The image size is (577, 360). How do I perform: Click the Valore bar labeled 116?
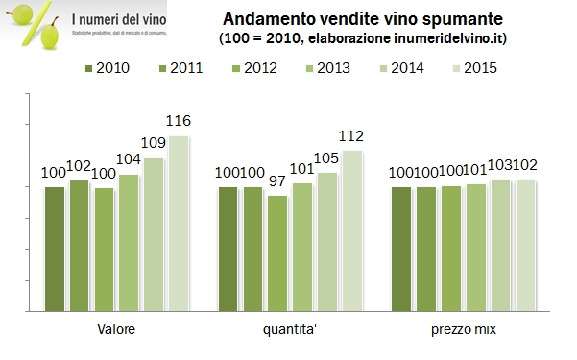pyautogui.click(x=179, y=225)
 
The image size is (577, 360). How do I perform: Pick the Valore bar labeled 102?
pyautogui.click(x=79, y=247)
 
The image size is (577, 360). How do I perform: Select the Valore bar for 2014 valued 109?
pyautogui.click(x=154, y=235)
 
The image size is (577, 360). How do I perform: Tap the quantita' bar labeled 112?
pyautogui.click(x=351, y=231)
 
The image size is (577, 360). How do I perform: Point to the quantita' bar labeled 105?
pyautogui.click(x=326, y=243)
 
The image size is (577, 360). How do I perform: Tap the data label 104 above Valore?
pyautogui.click(x=128, y=161)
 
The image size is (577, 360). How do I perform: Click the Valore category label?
pyautogui.click(x=116, y=330)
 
